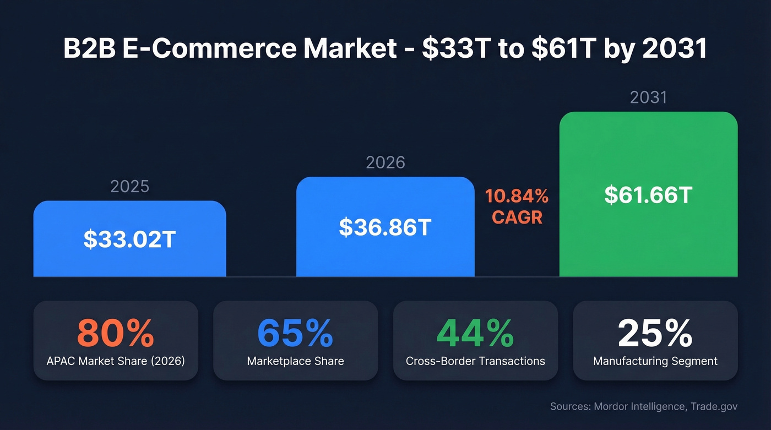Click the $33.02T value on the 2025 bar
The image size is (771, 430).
[x=129, y=239]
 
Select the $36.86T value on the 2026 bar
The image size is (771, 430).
[x=384, y=227]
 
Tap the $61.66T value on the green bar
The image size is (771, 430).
[x=648, y=195]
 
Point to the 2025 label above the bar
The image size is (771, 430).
[x=129, y=186]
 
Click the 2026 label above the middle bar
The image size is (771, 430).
[x=385, y=162]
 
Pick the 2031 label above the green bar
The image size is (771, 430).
[x=648, y=97]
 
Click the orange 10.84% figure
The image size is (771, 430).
[x=517, y=195]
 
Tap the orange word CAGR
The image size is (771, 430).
[x=517, y=217]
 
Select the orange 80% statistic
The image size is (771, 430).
[x=115, y=333]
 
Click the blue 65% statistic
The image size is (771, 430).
[x=295, y=333]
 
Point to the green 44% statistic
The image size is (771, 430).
[x=475, y=333]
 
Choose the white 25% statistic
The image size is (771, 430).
[x=655, y=333]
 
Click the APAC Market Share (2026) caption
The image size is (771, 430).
[x=116, y=361]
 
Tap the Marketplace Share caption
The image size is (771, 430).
[x=295, y=361]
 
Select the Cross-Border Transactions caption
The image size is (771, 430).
[x=475, y=361]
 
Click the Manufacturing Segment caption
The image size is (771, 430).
[x=655, y=361]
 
